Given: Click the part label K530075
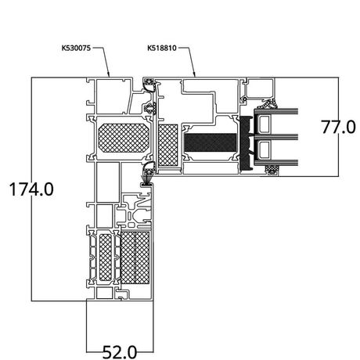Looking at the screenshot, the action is [76, 48].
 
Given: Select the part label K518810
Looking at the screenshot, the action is [162, 48].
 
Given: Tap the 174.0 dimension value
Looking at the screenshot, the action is [31, 189].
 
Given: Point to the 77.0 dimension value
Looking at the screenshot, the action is [338, 128].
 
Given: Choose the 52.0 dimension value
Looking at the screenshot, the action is [120, 352].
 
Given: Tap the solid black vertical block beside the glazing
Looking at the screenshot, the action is [246, 143].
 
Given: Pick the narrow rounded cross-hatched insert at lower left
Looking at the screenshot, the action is [106, 257].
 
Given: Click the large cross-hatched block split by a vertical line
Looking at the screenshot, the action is [135, 257].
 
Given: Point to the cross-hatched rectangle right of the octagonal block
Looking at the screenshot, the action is [168, 145].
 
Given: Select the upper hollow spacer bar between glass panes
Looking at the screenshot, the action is [265, 124].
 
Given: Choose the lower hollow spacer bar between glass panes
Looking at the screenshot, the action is [265, 149].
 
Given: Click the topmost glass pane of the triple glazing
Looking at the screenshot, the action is [276, 112].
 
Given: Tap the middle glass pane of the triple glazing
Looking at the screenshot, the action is [276, 137].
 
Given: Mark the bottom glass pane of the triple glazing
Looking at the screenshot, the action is [276, 162].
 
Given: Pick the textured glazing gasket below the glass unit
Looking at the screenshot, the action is [272, 169].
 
